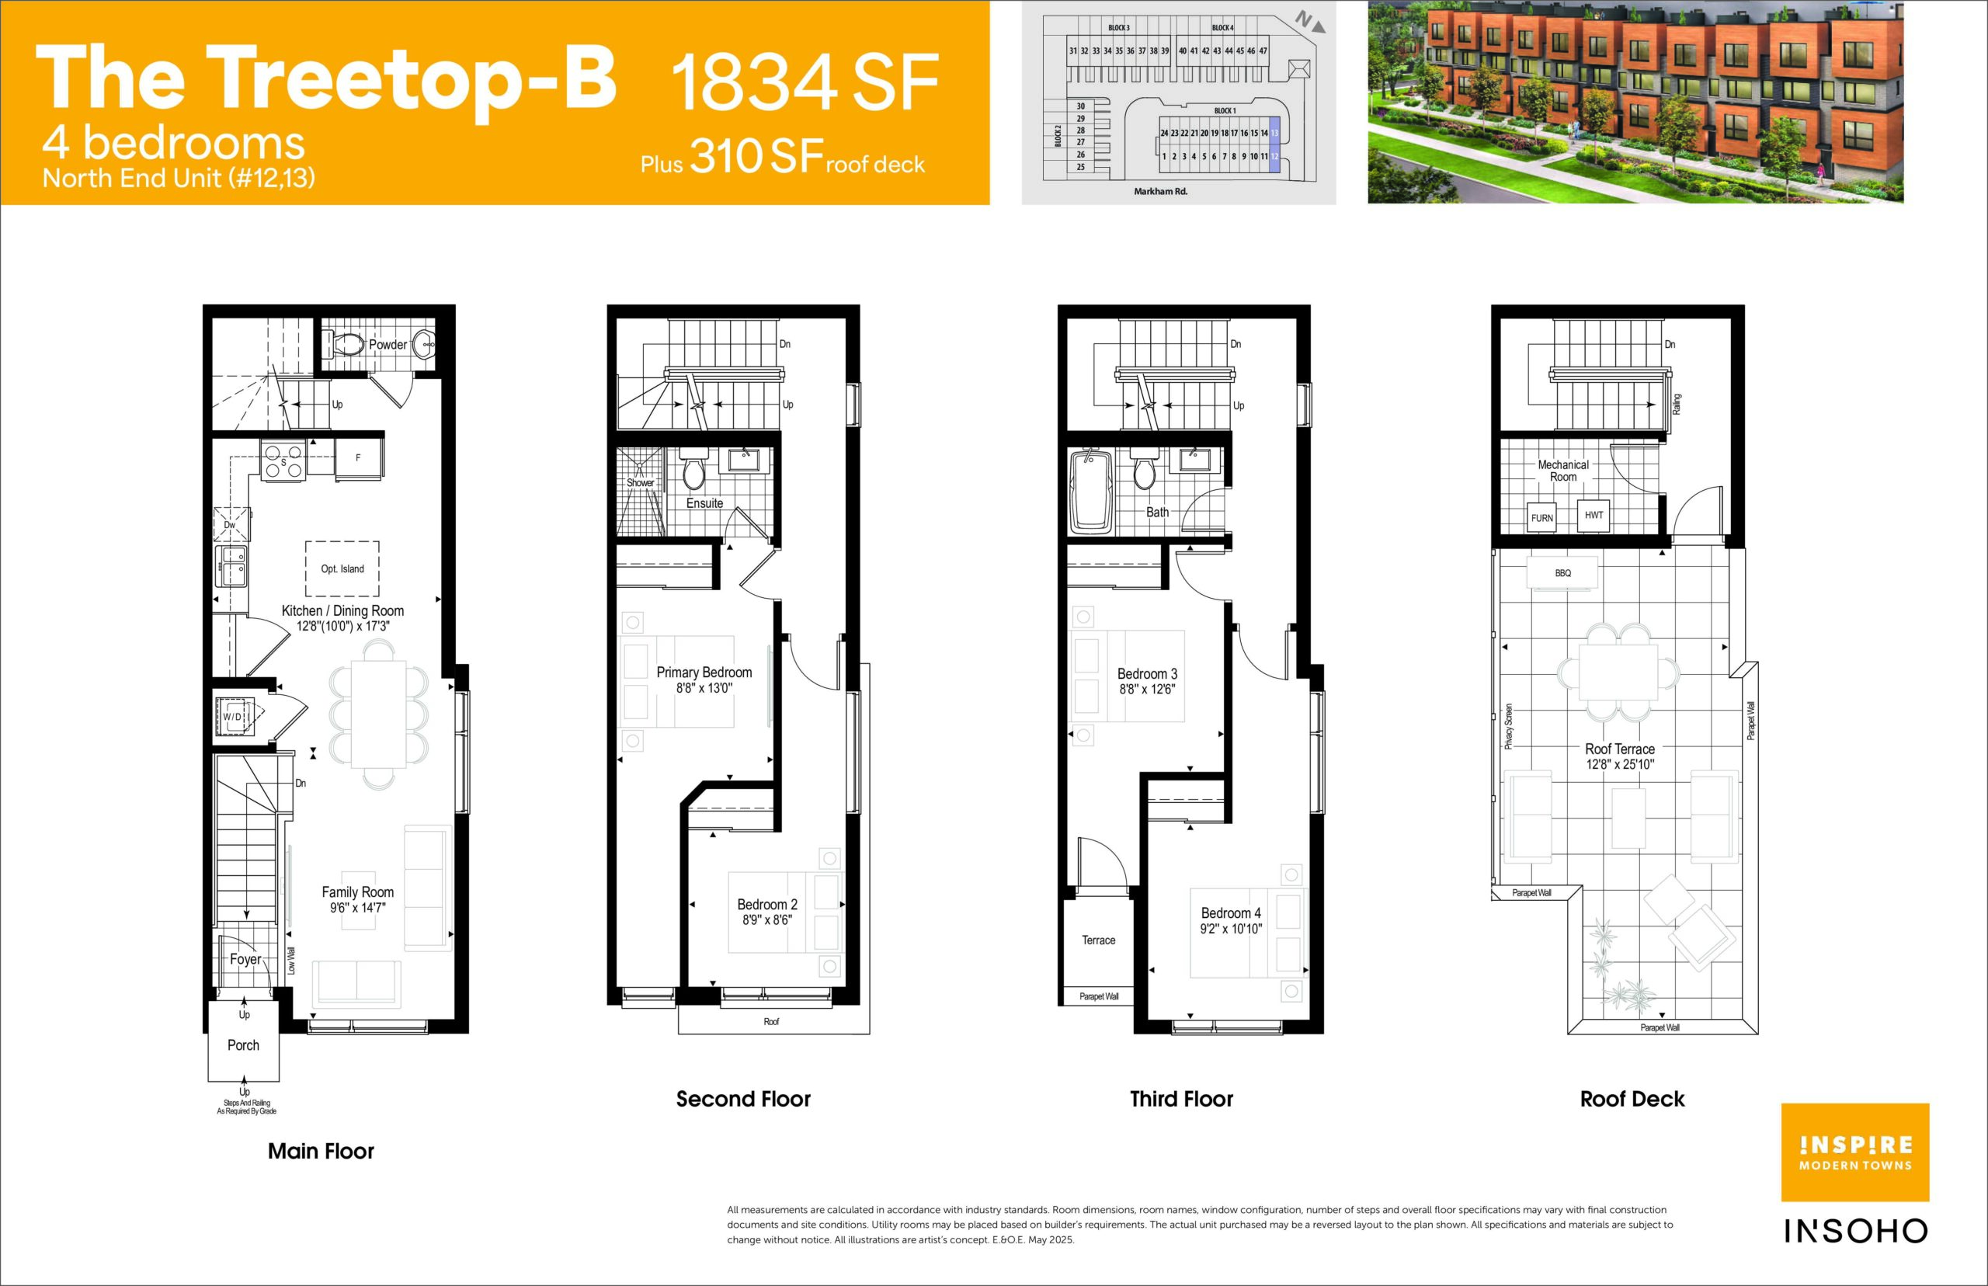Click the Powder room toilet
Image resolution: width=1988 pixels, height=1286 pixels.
point(347,344)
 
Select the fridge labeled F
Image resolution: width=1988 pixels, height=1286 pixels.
point(359,457)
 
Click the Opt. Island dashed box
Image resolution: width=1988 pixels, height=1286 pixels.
point(342,568)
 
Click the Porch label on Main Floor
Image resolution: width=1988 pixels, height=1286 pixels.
point(243,1044)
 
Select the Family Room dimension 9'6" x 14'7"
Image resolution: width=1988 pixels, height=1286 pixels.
point(357,908)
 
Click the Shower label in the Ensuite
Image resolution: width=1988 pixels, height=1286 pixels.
point(641,483)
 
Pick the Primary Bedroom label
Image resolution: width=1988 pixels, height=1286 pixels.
point(704,673)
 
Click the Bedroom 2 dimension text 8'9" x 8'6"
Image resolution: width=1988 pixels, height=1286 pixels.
point(766,920)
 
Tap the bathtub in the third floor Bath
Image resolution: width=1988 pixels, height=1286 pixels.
point(1091,492)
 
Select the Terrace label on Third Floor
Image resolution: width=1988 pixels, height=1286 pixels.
point(1098,940)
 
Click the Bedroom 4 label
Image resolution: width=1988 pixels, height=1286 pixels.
point(1231,913)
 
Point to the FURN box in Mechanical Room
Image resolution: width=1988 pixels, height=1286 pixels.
point(1541,518)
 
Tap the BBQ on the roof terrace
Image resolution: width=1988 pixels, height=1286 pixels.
point(1563,573)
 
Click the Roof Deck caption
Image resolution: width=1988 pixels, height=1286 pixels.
point(1632,1099)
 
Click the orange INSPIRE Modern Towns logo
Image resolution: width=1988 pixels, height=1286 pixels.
point(1855,1152)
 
